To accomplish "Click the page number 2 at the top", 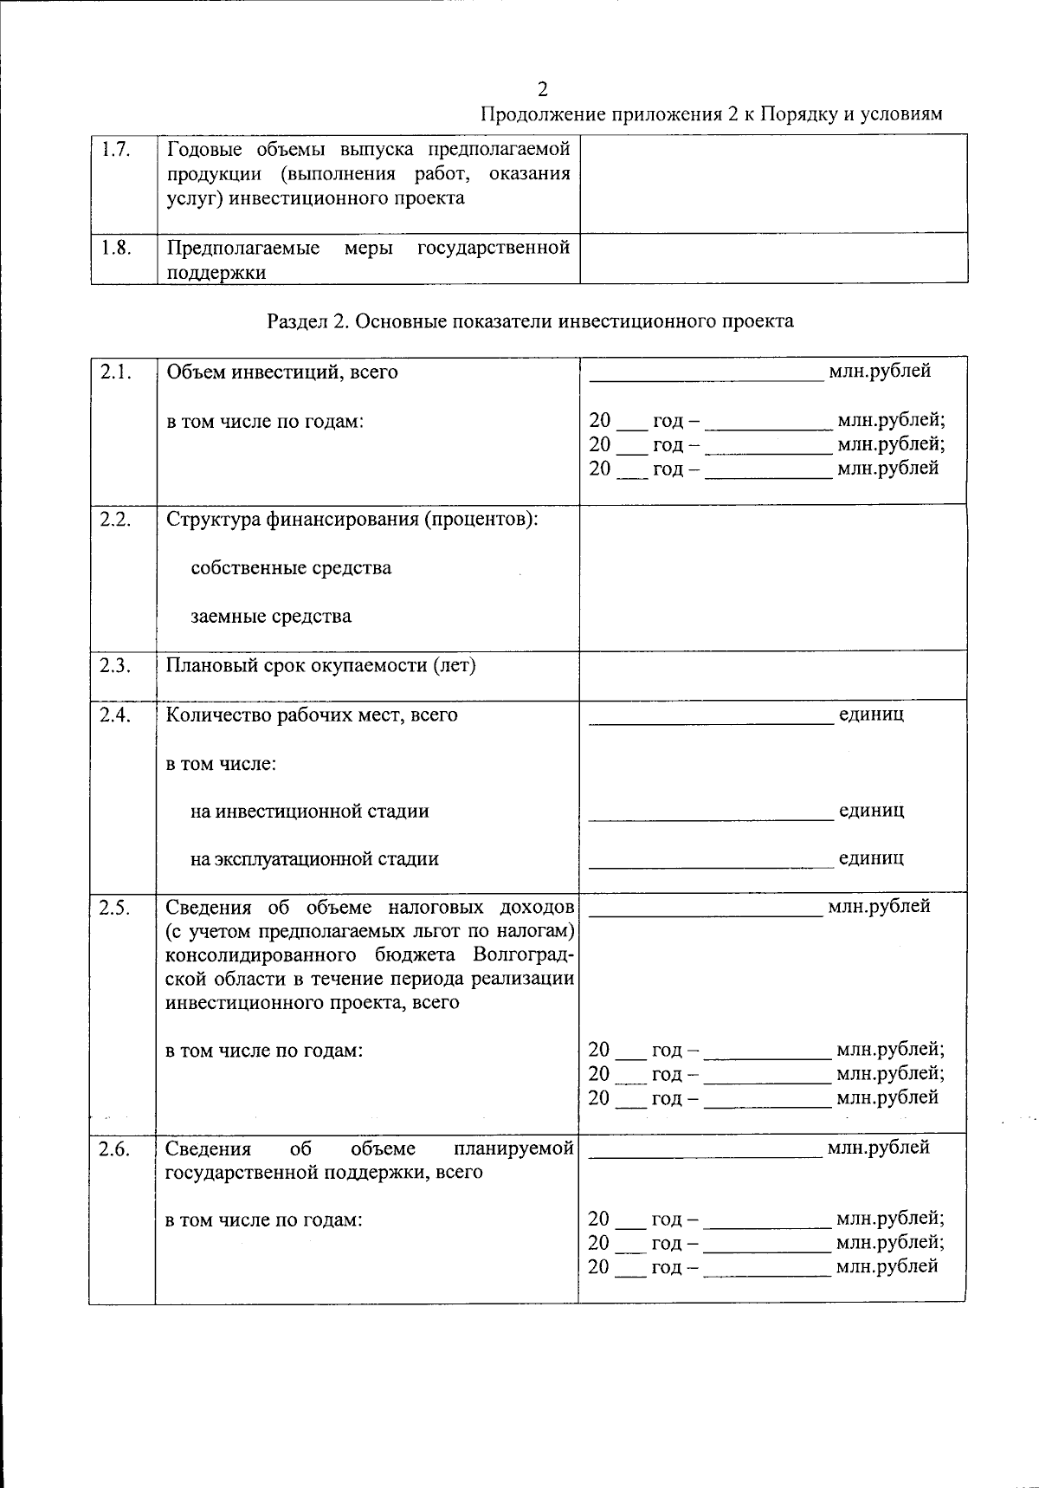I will click(x=543, y=89).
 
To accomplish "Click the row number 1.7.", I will click(x=115, y=150).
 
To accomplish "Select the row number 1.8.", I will click(x=115, y=248).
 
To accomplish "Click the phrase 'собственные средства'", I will click(x=291, y=568).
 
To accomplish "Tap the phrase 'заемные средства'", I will click(x=271, y=617).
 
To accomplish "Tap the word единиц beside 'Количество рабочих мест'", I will click(x=871, y=715).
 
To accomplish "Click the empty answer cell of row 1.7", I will click(x=773, y=184).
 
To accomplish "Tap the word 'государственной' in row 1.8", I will click(x=494, y=249).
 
